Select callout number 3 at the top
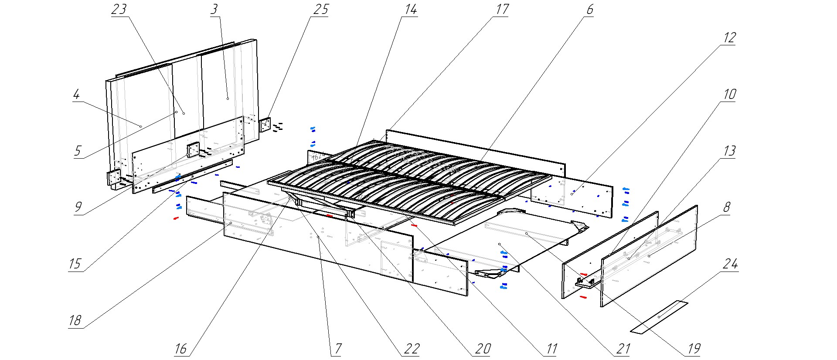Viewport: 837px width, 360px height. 214,10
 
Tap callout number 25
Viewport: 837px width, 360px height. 320,10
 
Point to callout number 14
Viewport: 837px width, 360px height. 410,10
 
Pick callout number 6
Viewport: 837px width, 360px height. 589,10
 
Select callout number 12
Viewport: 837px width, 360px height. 729,38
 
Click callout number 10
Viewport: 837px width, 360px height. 729,95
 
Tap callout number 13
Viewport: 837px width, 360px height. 729,151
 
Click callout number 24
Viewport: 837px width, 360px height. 730,264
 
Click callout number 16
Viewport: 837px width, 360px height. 180,349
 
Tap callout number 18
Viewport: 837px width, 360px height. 75,321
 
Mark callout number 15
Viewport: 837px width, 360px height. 75,264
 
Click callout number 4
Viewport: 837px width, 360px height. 77,95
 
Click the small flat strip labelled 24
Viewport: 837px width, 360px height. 659,317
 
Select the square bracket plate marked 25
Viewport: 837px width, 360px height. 265,125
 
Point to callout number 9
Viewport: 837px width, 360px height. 78,207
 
